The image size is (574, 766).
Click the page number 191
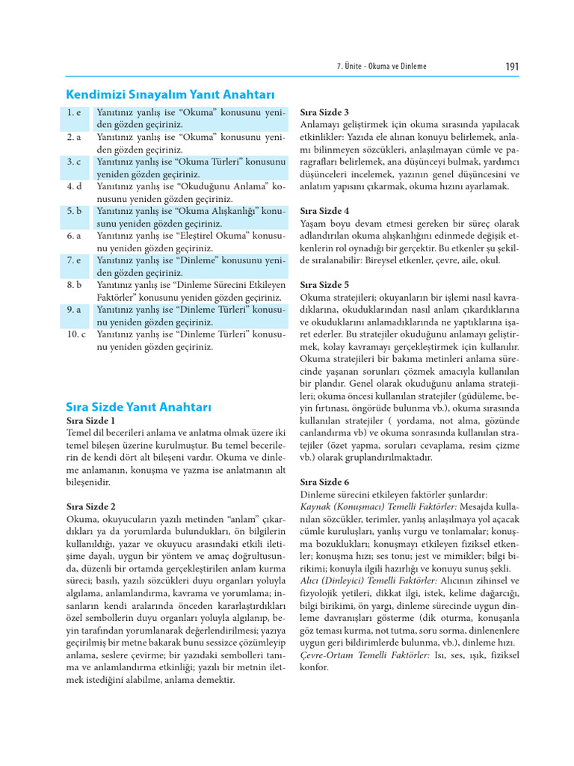[x=512, y=67]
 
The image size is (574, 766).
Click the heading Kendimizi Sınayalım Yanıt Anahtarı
[x=170, y=94]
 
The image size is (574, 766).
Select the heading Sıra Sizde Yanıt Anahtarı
[x=139, y=407]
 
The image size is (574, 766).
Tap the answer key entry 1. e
[x=73, y=112]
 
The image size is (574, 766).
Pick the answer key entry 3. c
[x=73, y=162]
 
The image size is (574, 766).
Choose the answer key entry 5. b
[x=73, y=211]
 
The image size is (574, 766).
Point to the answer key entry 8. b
[x=73, y=285]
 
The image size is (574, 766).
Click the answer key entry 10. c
[x=75, y=334]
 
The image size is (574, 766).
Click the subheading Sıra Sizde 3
[x=324, y=112]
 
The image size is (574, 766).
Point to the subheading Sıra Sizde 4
[x=324, y=211]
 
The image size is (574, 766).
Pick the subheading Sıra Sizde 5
[x=324, y=285]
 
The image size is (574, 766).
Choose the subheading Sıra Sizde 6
[x=324, y=482]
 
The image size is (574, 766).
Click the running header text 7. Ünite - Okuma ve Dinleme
[x=382, y=67]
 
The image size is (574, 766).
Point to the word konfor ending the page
[x=314, y=667]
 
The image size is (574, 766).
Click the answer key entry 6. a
[x=73, y=236]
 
